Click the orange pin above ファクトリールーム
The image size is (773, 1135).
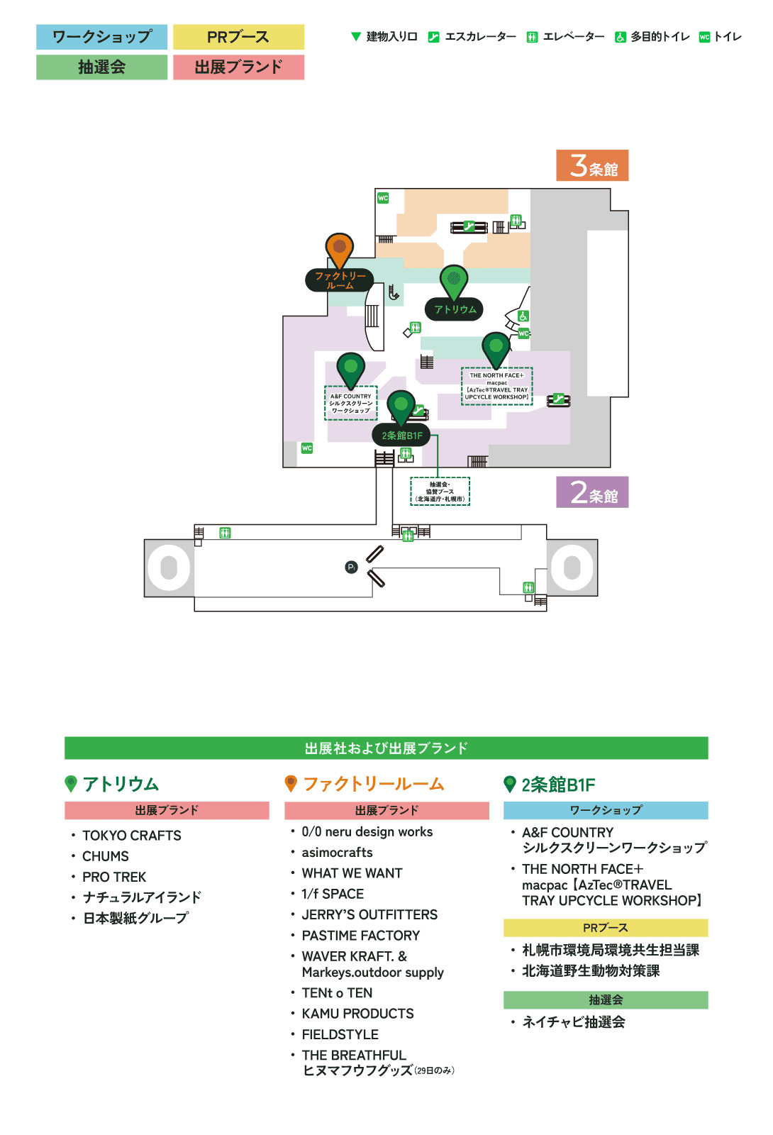tap(340, 248)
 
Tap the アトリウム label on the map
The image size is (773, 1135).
tap(455, 309)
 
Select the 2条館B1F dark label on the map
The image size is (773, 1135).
tap(401, 436)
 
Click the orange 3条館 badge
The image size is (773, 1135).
tap(592, 166)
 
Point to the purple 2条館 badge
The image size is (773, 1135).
tap(592, 492)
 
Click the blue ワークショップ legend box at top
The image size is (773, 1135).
tap(102, 37)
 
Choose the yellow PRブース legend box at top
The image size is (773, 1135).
tap(238, 37)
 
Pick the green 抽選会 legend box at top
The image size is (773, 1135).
tap(102, 67)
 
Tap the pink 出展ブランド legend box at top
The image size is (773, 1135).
tap(238, 67)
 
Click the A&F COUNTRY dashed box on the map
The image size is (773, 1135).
tap(351, 403)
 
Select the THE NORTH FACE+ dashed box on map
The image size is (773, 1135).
tap(496, 386)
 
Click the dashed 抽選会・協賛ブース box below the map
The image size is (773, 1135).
tap(440, 491)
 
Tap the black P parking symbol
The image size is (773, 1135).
tap(351, 567)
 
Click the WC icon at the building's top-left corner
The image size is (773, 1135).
tap(383, 198)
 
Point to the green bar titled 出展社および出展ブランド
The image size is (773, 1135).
tap(386, 748)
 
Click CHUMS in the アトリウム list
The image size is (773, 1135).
tap(106, 856)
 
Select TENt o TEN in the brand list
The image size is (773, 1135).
tap(337, 993)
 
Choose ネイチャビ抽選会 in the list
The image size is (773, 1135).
tap(574, 1022)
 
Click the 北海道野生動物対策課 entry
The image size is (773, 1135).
tap(591, 971)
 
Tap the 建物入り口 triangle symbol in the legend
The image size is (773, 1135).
tap(356, 36)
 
